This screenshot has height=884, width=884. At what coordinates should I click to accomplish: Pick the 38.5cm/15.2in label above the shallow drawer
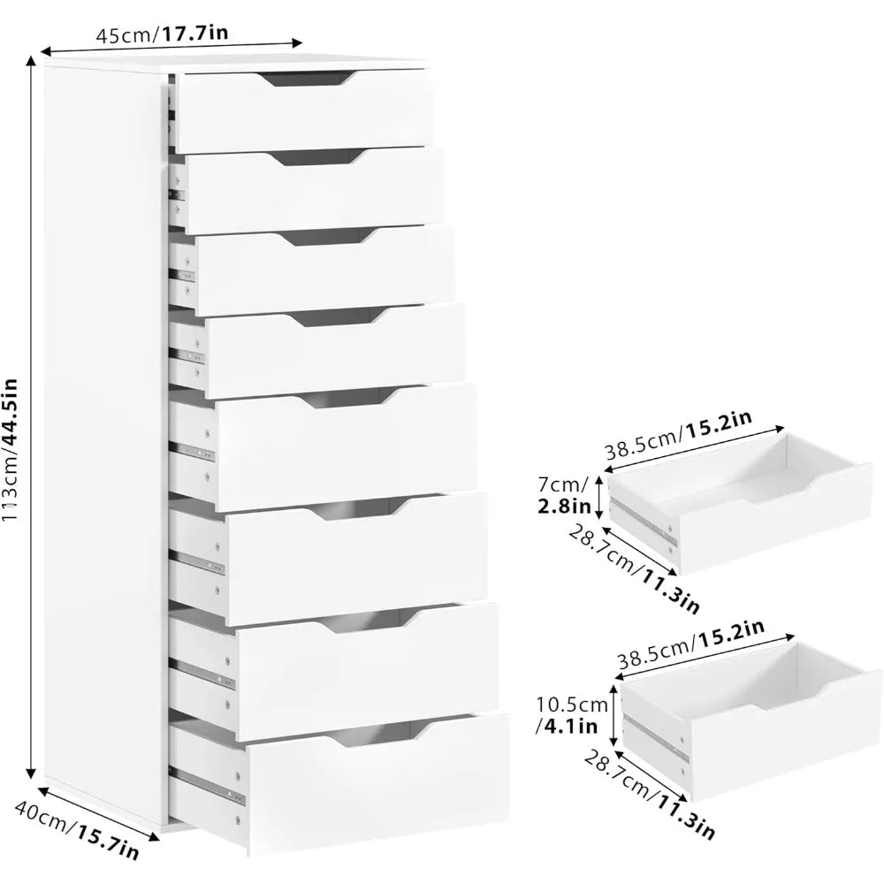(679, 432)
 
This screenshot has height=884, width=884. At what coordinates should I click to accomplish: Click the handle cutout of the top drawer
(306, 80)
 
